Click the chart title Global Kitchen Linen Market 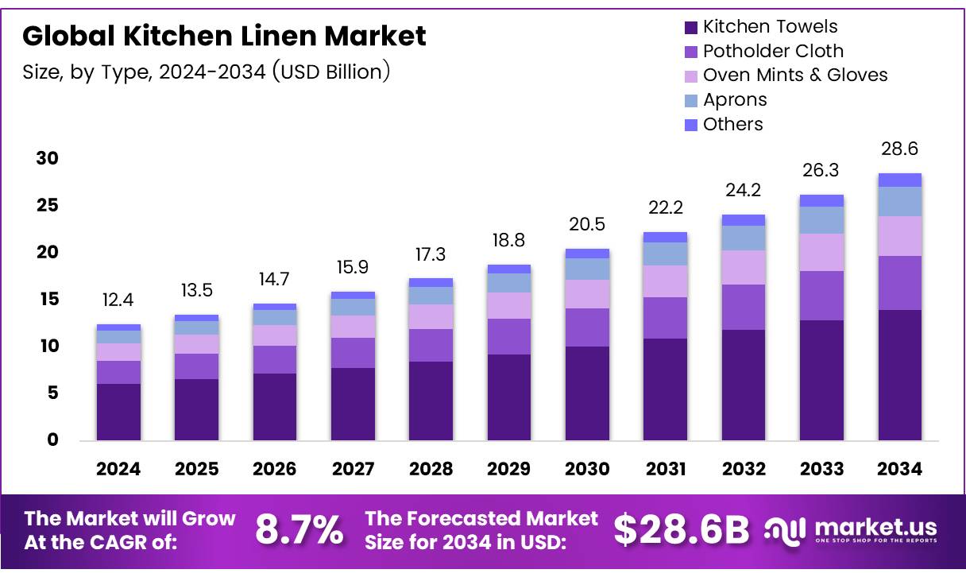click(x=224, y=36)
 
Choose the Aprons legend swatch click(x=691, y=100)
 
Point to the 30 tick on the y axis click(x=47, y=159)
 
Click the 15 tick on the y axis click(x=47, y=300)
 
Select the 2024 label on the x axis click(x=118, y=469)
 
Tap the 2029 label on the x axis click(x=509, y=469)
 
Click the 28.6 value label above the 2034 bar click(x=899, y=149)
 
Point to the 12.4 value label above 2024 click(x=118, y=301)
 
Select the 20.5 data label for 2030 click(x=587, y=225)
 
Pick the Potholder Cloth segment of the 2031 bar click(x=665, y=317)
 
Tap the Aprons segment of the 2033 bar click(x=821, y=220)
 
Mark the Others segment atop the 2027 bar click(x=353, y=295)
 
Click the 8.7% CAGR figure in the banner click(x=299, y=530)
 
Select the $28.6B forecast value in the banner click(x=681, y=530)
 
